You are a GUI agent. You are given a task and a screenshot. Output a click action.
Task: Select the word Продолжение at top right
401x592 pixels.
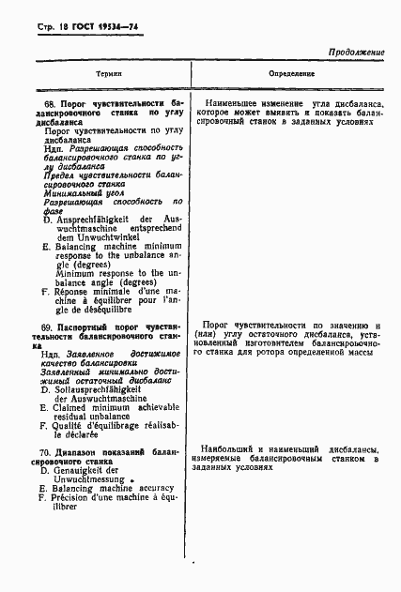[357, 53]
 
